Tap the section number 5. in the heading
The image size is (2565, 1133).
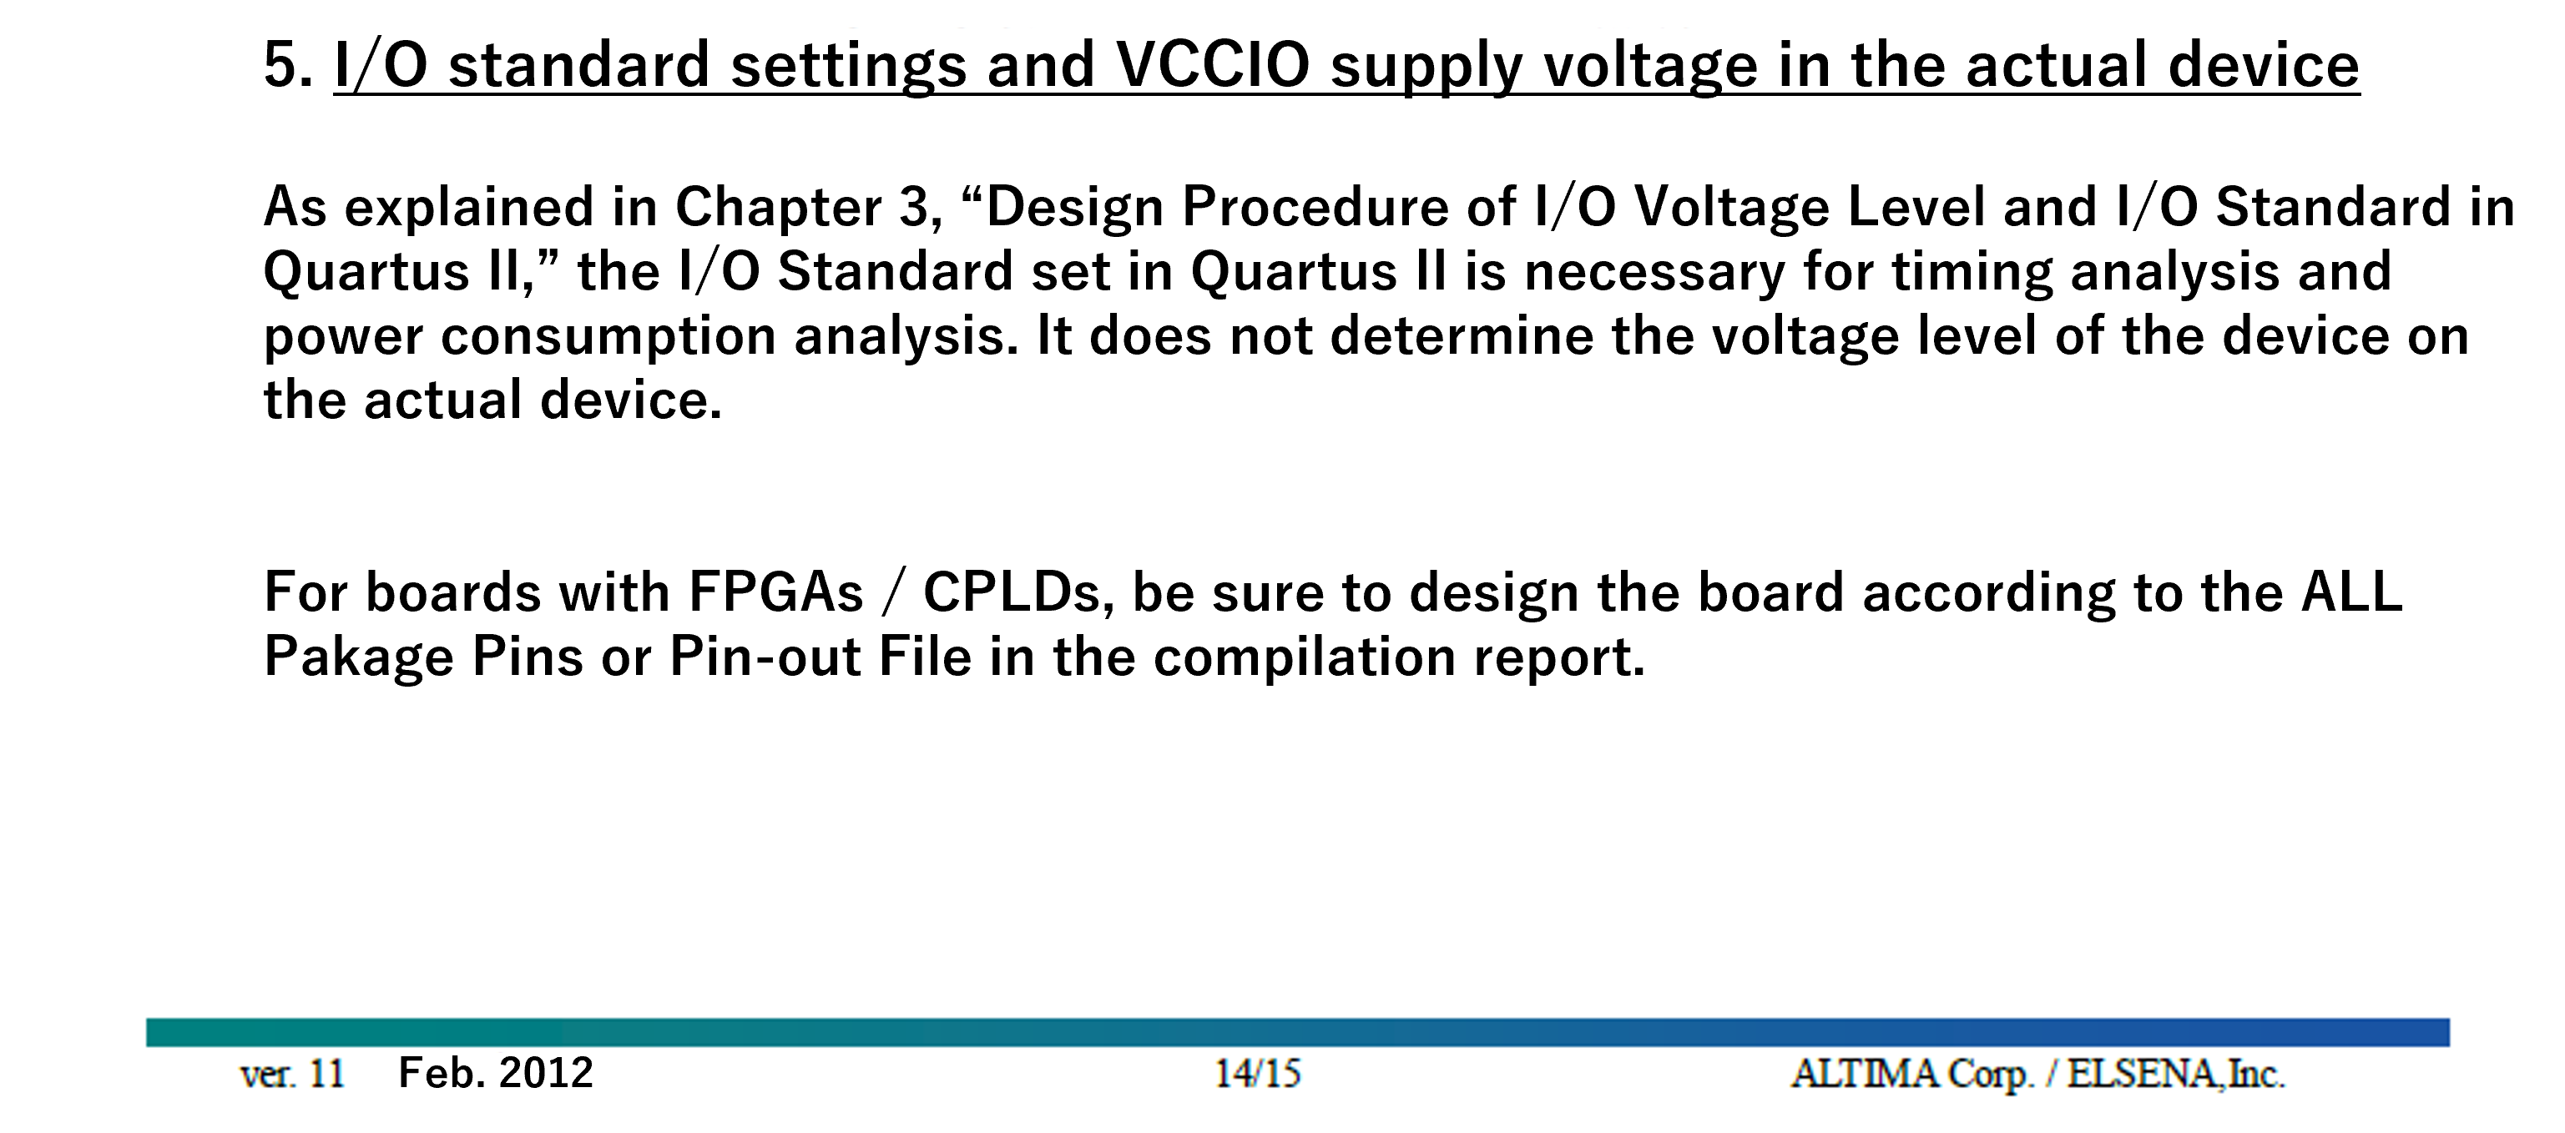tap(288, 66)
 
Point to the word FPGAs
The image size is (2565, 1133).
tap(775, 593)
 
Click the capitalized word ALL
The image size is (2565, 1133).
tap(2352, 593)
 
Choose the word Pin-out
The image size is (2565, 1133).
tap(765, 658)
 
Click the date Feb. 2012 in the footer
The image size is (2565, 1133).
tap(496, 1073)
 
